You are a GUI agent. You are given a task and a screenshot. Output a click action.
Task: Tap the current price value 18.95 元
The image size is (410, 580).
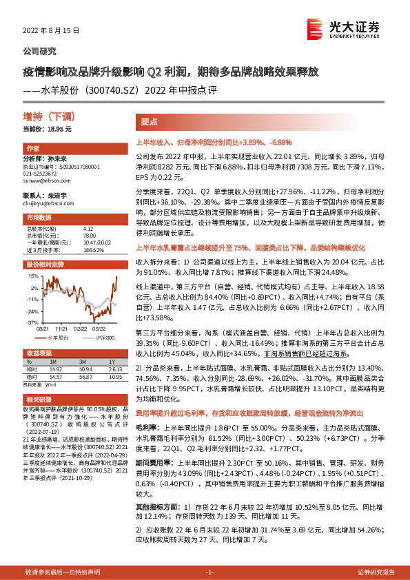pos(58,129)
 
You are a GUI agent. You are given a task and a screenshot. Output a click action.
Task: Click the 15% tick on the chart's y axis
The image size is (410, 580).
pos(33,278)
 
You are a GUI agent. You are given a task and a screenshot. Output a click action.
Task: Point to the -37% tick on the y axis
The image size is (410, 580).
pos(32,322)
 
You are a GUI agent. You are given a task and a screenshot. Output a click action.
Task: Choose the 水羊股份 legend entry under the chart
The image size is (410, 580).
pos(59,338)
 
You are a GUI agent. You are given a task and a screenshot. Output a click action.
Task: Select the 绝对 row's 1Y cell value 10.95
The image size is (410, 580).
pos(114,377)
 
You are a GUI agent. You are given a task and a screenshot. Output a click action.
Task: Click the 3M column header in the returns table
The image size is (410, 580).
pos(82,361)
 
